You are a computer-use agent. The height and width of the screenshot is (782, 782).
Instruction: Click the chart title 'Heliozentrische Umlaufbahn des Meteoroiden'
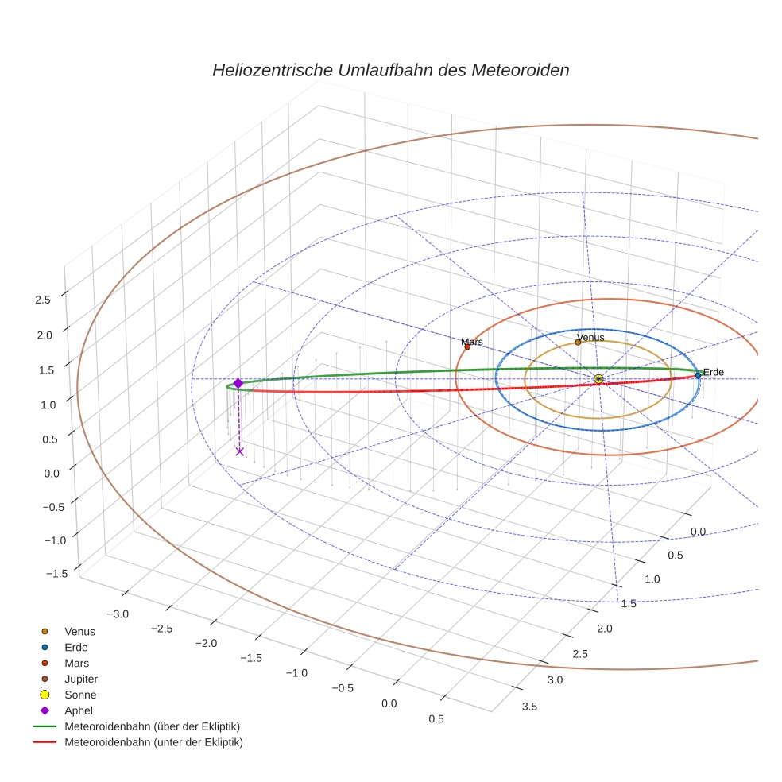(390, 70)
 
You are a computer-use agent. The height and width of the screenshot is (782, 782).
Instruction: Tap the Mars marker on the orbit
(467, 346)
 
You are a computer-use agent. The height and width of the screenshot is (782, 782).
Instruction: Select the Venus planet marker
(578, 343)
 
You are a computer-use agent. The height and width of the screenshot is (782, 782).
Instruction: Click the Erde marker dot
(698, 375)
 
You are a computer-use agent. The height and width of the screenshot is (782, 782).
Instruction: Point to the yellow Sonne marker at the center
(598, 379)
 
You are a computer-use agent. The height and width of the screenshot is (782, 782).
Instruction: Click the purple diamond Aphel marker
(238, 383)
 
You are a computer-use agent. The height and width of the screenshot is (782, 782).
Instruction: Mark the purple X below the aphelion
(239, 451)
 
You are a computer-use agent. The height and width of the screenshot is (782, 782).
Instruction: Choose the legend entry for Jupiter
(81, 679)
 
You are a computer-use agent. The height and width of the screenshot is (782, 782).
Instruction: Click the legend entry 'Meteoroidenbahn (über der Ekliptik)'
(152, 726)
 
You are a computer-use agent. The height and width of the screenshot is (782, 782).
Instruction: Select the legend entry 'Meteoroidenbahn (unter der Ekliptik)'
(153, 742)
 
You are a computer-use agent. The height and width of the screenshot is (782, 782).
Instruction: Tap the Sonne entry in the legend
(80, 695)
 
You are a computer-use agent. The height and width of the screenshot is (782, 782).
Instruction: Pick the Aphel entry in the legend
(78, 710)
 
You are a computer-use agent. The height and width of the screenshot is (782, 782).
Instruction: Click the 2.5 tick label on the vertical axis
(43, 300)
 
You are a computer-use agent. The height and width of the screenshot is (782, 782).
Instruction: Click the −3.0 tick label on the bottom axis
(118, 614)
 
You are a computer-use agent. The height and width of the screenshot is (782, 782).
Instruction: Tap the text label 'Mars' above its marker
(472, 342)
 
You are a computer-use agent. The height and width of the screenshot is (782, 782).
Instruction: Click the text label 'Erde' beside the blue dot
(714, 372)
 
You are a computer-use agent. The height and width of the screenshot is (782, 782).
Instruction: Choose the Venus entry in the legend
(79, 631)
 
